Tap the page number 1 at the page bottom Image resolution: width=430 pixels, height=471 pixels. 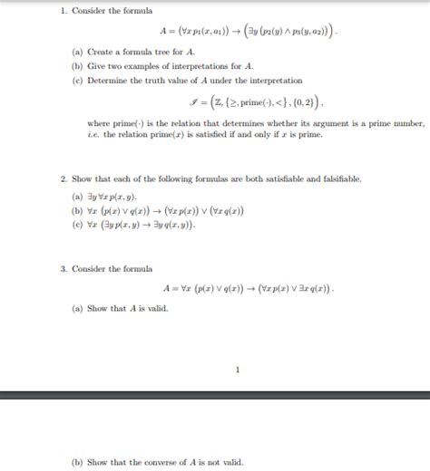pyautogui.click(x=237, y=369)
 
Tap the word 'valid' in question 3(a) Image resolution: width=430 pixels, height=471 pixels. pyautogui.click(x=155, y=309)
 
